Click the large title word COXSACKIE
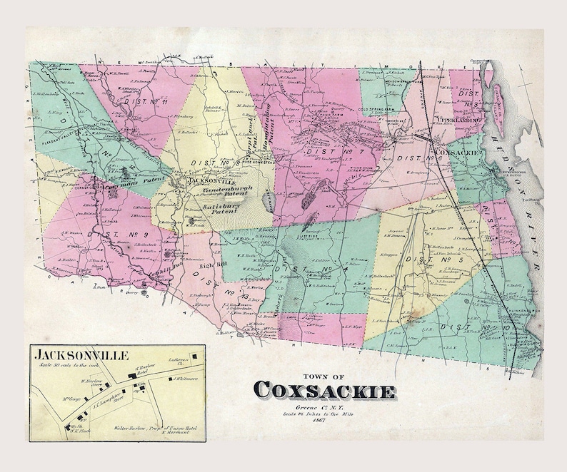click(x=324, y=391)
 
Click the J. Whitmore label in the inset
click(x=184, y=379)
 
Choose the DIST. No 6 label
click(x=413, y=157)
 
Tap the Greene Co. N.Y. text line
click(x=324, y=406)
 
